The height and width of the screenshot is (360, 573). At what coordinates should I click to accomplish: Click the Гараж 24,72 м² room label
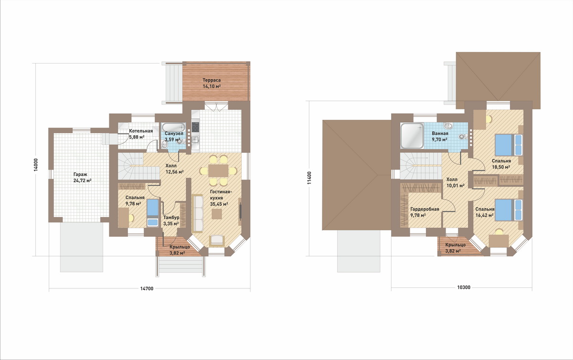click(x=82, y=177)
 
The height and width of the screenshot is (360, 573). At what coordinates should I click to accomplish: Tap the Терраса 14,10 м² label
click(x=212, y=83)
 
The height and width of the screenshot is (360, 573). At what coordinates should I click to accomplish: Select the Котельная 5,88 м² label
click(x=141, y=134)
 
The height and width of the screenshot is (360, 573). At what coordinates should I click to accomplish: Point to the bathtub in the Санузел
click(x=174, y=127)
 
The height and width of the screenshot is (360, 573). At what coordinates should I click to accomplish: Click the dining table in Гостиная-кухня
click(x=218, y=170)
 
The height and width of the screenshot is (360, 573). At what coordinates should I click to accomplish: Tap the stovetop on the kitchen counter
click(x=195, y=127)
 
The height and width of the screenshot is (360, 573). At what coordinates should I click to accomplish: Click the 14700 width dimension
click(x=147, y=288)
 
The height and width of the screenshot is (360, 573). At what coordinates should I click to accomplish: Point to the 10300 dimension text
click(x=464, y=287)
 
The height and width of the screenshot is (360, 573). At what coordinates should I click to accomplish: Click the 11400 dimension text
click(x=309, y=178)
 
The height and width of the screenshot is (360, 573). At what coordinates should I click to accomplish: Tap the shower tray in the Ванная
click(x=412, y=136)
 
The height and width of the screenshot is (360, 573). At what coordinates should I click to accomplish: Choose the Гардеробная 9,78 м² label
click(x=425, y=212)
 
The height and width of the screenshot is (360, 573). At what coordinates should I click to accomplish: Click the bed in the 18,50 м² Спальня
click(x=509, y=145)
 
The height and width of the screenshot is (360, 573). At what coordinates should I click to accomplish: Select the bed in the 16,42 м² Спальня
click(x=509, y=210)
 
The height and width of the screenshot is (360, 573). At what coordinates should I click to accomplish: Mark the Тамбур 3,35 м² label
click(x=171, y=221)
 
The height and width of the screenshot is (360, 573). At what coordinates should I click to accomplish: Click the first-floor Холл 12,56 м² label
click(x=174, y=169)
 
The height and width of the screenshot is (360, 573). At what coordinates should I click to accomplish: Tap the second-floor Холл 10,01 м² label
click(x=456, y=183)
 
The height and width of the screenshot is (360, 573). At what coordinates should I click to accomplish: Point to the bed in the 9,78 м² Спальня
click(x=153, y=213)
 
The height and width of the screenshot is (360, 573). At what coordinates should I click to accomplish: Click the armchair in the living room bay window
click(x=217, y=241)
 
